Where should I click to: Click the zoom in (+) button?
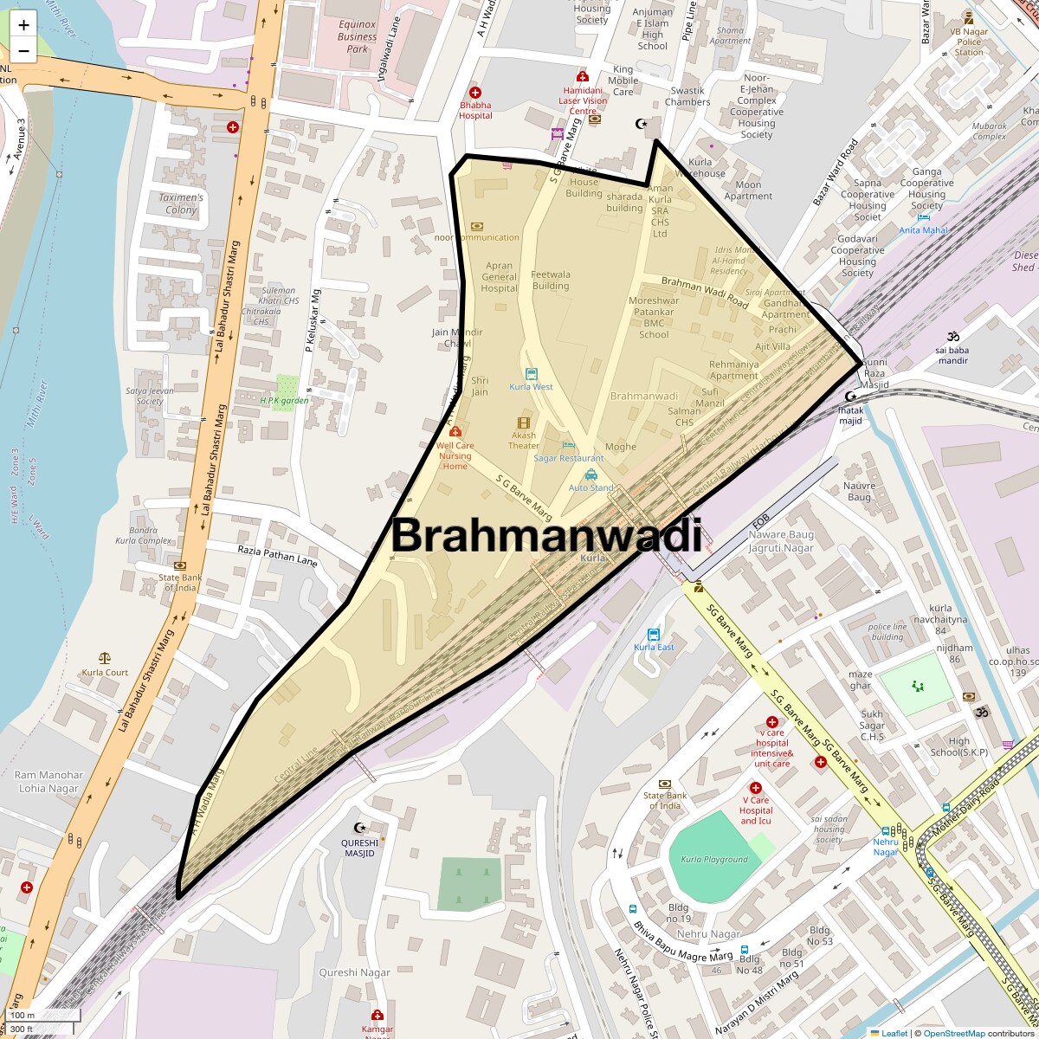pos(23,24)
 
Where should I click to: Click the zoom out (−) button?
pos(23,50)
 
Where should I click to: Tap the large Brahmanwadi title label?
pos(545,535)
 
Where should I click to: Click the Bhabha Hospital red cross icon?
pos(474,93)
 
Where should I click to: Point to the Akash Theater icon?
pos(523,422)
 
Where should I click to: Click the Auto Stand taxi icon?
pos(590,474)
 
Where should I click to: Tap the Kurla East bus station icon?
pos(654,634)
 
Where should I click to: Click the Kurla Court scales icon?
pos(105,659)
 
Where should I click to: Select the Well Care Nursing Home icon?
pos(455,431)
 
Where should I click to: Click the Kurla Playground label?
pos(714,860)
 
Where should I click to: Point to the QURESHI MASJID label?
pos(360,848)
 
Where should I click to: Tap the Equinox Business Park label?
pos(358,37)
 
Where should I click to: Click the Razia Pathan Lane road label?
pos(277,555)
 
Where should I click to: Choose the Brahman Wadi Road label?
pos(705,293)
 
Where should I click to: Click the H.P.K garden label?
pos(284,401)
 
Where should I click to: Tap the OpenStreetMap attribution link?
pos(953,1033)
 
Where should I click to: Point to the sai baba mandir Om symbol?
pos(952,336)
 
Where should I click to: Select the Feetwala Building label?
pos(551,280)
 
